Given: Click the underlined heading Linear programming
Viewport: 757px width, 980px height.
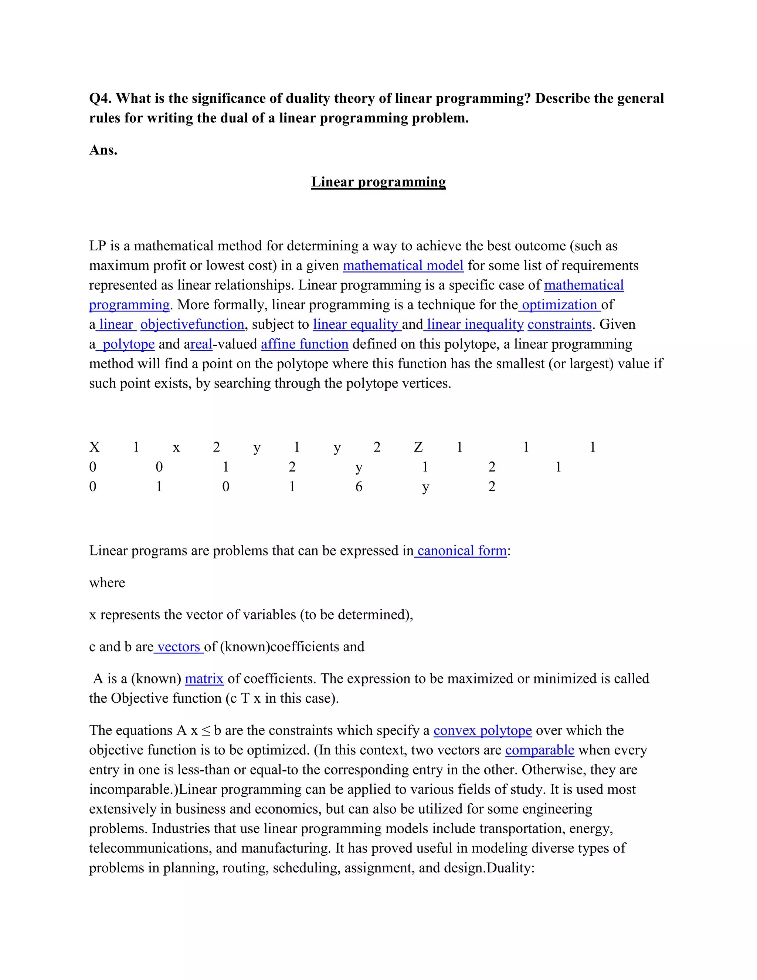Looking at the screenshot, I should (x=378, y=182).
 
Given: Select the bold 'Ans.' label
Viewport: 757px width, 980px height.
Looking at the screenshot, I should (x=103, y=150).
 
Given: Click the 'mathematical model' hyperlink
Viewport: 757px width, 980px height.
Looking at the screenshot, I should (x=403, y=266).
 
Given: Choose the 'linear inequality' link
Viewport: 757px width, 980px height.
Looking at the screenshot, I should (x=475, y=324).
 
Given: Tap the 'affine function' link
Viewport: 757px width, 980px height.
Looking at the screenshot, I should (x=305, y=344).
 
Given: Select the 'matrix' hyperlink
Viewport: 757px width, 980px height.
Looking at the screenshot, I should (x=204, y=679).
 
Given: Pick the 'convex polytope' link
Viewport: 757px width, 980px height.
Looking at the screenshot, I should (x=482, y=730).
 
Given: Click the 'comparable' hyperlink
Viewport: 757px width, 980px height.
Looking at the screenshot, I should (x=540, y=750).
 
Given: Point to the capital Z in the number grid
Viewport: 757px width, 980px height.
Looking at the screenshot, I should (x=418, y=447).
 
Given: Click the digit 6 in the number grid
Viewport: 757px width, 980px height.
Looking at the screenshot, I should (x=359, y=486).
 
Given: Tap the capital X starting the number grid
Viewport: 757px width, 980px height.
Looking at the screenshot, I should (x=94, y=447).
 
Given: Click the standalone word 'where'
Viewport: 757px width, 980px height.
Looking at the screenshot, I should (x=107, y=582).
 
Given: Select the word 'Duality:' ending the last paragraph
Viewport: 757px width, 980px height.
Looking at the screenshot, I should (x=510, y=868).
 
